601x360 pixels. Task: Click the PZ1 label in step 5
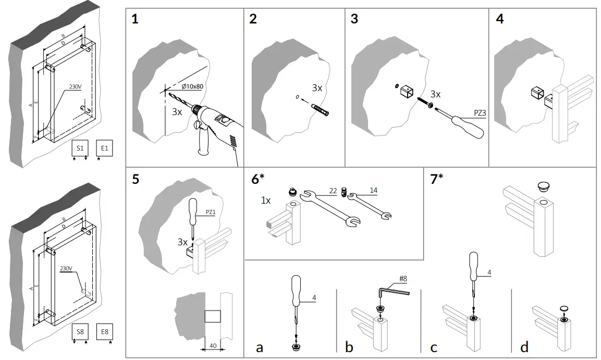tap(211, 212)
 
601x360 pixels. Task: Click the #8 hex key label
tap(403, 279)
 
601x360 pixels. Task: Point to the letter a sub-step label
tap(259, 347)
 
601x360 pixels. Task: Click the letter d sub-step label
tap(524, 347)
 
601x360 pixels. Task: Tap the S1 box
tap(80, 148)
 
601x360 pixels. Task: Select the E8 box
tap(105, 332)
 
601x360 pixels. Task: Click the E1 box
tap(105, 148)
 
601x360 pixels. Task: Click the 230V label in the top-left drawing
tap(76, 87)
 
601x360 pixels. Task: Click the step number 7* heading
tap(437, 179)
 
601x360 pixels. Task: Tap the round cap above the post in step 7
tap(544, 187)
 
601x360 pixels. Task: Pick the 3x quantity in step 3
tap(435, 94)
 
